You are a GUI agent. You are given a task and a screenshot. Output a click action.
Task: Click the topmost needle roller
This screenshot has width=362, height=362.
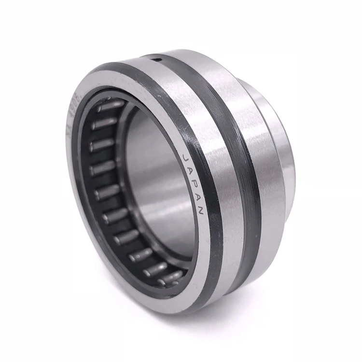point(109,106)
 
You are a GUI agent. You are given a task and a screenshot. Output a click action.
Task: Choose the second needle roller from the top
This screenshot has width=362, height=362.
point(102,123)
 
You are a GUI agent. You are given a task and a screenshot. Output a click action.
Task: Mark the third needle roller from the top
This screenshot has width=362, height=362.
point(100,145)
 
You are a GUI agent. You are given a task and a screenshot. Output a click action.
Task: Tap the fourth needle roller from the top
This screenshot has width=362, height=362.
point(102,168)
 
